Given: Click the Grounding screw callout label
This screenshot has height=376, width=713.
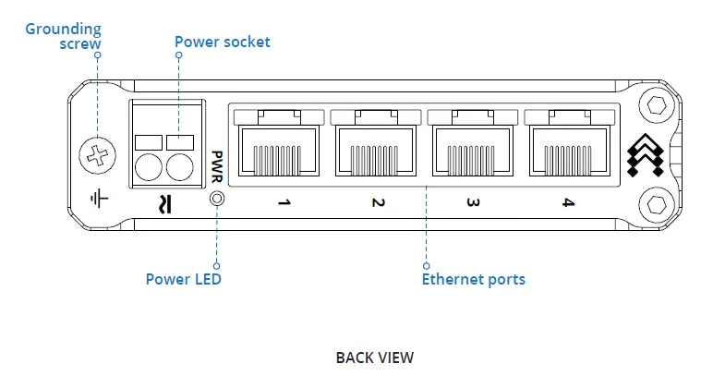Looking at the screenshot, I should [x=64, y=36].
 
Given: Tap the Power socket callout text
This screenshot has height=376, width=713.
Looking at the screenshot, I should [x=223, y=42].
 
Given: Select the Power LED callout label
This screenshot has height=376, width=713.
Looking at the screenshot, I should [x=184, y=278].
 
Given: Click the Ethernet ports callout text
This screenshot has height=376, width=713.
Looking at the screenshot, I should [x=474, y=278].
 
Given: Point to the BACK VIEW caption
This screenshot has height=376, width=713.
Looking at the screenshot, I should [x=374, y=357].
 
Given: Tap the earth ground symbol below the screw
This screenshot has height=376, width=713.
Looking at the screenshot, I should [x=95, y=196].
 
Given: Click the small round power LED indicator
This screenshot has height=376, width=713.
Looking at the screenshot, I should [x=217, y=199].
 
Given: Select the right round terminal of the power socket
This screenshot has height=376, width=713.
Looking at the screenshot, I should [x=179, y=166].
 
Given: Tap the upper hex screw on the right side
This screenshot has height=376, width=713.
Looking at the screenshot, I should [x=657, y=103].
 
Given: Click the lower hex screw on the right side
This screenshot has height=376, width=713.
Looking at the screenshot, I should [x=657, y=202].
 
